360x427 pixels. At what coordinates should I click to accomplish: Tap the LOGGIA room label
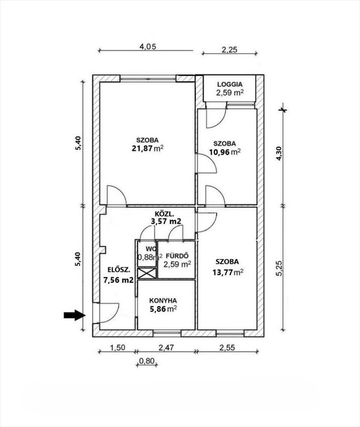tap(229, 84)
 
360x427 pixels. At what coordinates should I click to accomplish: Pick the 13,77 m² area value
tap(227, 272)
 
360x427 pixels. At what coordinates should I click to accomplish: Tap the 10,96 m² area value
tap(224, 152)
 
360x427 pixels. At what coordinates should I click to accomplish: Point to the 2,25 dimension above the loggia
tap(229, 50)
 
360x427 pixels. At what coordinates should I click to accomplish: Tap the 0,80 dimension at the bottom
tap(147, 361)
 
